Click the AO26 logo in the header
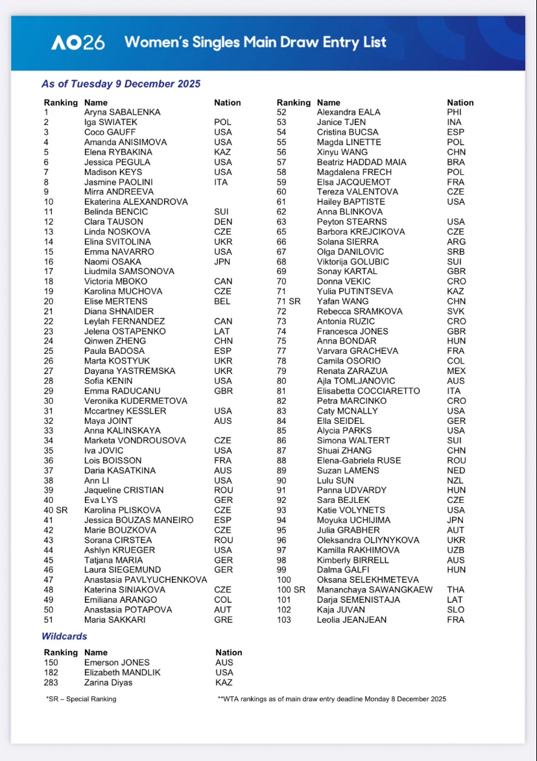coord(78,43)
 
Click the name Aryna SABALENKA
coord(122,112)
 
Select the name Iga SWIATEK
coord(110,122)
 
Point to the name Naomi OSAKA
coord(112,261)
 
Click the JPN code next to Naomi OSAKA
coord(222,261)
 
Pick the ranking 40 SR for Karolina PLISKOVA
coord(56,510)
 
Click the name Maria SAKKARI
coord(115,620)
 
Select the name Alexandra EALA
coord(348,112)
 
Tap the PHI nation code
coord(454,112)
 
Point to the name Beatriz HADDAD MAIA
coord(361,162)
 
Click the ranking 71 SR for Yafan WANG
coord(289,301)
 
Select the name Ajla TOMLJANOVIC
coord(355,380)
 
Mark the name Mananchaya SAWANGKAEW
coord(374,590)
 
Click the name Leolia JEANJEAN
coord(352,620)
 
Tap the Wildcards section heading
coord(64,637)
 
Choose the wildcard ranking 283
coord(51,682)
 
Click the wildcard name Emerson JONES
coord(117,662)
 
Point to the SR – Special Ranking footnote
coord(81,699)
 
